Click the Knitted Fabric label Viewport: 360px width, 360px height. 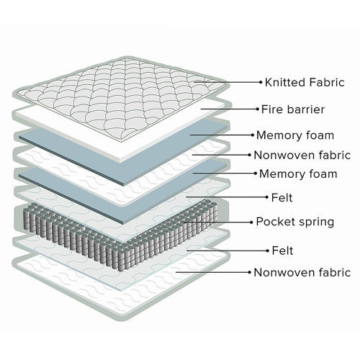coord(305,82)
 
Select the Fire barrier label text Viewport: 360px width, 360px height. coord(293,109)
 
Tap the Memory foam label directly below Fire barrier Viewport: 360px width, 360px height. coord(295,135)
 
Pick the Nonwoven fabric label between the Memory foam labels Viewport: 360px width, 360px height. coord(302,155)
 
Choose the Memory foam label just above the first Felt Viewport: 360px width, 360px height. coord(298,174)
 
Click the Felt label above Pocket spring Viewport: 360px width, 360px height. coord(282,198)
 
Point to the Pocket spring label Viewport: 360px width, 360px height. coord(295,222)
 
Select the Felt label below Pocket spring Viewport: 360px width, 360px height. coord(282,251)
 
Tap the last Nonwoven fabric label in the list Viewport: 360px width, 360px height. coord(302,273)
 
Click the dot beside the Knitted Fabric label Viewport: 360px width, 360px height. coord(261,82)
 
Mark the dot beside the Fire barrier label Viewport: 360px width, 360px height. coord(258,109)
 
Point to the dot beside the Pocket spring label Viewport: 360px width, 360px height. coord(251,222)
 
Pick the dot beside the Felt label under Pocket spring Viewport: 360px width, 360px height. coord(268,251)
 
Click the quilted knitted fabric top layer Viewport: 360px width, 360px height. coord(120,99)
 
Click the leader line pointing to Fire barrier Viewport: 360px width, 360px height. coord(229,109)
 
